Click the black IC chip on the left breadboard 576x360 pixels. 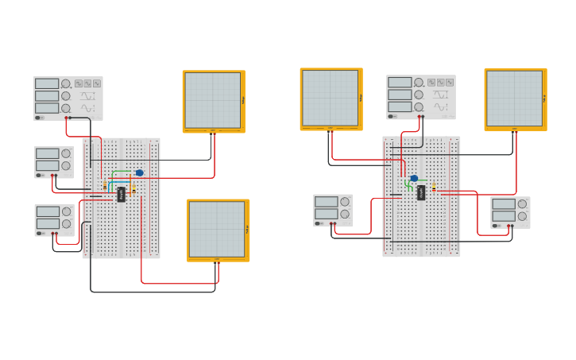tap(122, 194)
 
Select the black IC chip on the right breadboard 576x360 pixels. tap(421, 192)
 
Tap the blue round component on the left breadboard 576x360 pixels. tap(140, 172)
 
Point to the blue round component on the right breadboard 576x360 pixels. tap(414, 178)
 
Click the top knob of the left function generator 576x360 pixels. tap(66, 83)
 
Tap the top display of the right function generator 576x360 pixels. tap(400, 82)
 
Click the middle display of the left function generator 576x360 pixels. tap(47, 95)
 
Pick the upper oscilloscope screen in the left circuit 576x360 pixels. tap(213, 100)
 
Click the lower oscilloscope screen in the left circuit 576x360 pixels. tap(217, 229)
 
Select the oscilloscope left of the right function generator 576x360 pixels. tap(331, 98)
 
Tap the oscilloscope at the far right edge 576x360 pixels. tap(515, 99)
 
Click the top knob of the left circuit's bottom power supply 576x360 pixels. tap(66, 211)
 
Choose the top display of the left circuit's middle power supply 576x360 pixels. tap(48, 153)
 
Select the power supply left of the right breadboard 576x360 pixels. tap(333, 210)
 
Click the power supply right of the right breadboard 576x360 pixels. tap(510, 212)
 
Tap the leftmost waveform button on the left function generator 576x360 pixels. tap(79, 83)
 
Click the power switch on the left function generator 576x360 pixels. tap(39, 118)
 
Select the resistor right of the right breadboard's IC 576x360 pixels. tap(434, 188)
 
